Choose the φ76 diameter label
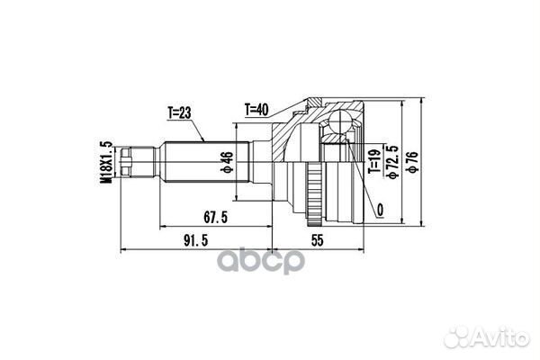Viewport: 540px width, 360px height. point(411,164)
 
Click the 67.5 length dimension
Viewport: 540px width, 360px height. point(213,215)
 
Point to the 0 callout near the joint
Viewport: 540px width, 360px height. point(382,211)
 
